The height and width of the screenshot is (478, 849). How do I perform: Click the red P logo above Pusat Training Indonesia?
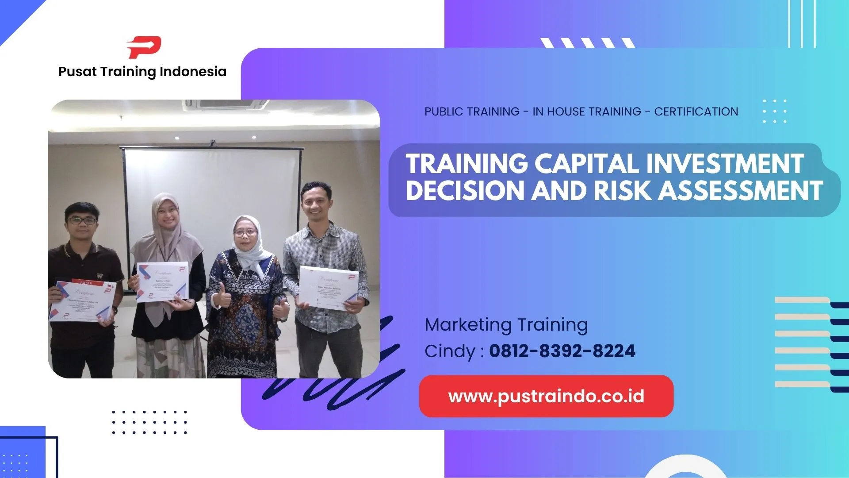144,47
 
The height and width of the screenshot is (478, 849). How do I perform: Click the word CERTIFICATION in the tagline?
696,112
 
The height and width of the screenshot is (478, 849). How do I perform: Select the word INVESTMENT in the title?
725,164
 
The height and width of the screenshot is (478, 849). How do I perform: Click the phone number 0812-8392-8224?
562,351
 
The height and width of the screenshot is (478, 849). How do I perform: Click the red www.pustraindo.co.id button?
546,396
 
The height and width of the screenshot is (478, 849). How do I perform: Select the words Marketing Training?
506,324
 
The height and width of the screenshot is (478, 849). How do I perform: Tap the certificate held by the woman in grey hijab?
162,281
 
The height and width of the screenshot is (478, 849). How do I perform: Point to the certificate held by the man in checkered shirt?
328,288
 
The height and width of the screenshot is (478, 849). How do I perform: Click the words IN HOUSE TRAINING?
587,112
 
